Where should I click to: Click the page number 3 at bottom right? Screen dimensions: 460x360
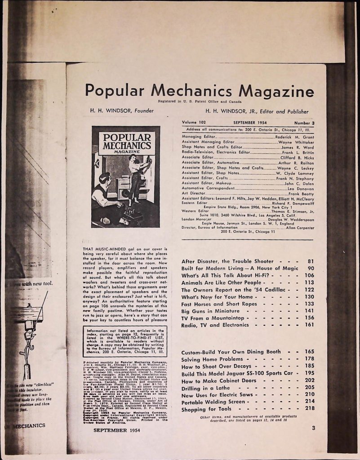(x=313, y=428)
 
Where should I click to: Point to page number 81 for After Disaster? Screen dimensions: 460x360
(x=310, y=261)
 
